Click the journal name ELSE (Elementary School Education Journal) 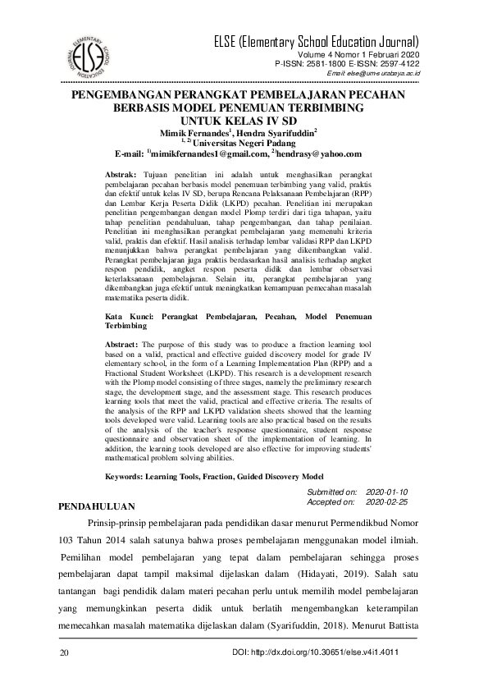(315, 42)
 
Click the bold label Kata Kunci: (134, 315)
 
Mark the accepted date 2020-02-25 (387, 501)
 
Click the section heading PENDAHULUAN (96, 507)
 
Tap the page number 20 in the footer (65, 653)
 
